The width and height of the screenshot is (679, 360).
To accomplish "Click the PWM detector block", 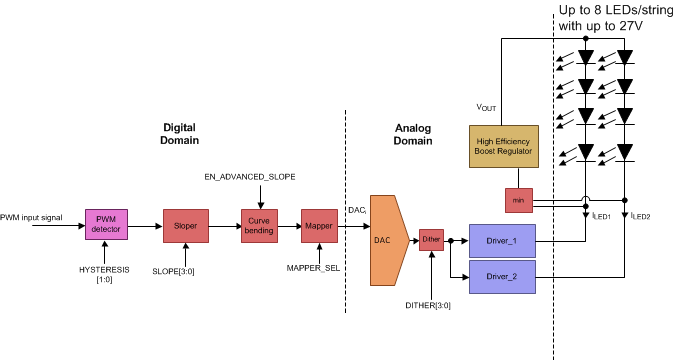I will (x=104, y=227).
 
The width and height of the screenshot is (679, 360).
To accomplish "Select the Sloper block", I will (x=185, y=227).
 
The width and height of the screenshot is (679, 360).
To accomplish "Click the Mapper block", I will (x=319, y=227).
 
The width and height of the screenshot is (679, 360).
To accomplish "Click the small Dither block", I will (x=431, y=240).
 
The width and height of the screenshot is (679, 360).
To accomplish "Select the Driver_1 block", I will (x=502, y=240).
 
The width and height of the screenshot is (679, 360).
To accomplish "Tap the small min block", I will (x=518, y=201).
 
